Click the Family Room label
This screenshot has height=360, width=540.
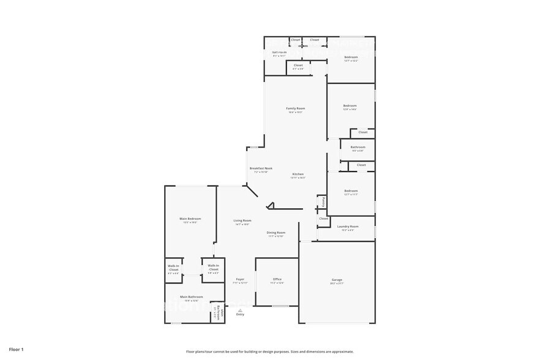295,108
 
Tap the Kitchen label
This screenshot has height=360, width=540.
298,174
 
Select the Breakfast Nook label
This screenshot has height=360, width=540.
261,168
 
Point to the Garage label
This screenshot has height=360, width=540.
337,280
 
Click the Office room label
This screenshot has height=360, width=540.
277,279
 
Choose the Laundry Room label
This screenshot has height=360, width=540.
348,227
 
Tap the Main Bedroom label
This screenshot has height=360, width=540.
190,219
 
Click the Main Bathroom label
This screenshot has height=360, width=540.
191,297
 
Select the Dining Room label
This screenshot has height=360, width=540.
276,233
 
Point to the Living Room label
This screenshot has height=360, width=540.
242,220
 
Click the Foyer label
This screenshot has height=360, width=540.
240,279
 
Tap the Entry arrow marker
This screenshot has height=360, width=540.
240,310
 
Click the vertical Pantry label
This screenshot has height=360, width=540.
322,201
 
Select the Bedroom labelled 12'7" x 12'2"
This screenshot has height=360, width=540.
351,57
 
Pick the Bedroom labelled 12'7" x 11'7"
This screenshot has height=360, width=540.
351,191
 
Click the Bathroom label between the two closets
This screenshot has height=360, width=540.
358,147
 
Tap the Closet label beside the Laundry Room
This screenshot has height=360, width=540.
323,219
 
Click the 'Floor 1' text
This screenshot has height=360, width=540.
16,350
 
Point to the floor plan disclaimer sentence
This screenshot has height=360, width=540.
269,351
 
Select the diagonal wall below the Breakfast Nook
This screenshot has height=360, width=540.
252,193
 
